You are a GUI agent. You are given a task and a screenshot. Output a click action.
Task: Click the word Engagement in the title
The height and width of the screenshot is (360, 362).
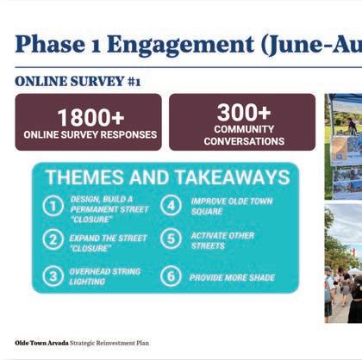coord(180,46)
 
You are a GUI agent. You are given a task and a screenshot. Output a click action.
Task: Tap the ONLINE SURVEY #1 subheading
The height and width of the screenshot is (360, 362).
coord(78,81)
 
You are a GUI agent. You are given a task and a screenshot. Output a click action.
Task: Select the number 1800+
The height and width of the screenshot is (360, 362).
coord(90,117)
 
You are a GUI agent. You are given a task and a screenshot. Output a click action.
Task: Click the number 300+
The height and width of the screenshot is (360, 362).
coord(244,112)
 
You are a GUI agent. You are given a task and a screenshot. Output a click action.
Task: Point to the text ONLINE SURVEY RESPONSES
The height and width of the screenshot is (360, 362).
coord(90,134)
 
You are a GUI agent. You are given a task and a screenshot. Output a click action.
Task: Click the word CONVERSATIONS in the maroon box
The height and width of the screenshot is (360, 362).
coord(244,141)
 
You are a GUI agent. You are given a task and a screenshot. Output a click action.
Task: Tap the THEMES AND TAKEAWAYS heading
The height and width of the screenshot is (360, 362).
coord(168,177)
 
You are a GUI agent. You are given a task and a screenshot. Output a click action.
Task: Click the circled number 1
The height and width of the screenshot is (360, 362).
coord(53,206)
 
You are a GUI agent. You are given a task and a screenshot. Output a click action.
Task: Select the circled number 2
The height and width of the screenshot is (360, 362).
coord(53,239)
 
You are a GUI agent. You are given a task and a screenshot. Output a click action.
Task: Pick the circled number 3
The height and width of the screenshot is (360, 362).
coord(53,276)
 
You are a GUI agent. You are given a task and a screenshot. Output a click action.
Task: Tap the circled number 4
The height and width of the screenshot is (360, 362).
coord(171,205)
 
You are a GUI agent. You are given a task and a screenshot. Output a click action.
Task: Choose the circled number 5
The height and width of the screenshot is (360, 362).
coord(171,239)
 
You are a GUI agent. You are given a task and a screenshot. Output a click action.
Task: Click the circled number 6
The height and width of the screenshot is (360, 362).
coord(171,276)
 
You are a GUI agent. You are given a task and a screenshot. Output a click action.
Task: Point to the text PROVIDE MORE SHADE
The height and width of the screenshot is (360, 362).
coord(232,277)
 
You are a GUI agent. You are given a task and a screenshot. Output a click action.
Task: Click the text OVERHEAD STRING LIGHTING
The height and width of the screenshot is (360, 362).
coord(105,276)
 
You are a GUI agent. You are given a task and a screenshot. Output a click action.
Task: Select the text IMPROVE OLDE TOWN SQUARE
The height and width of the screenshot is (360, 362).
coord(232,206)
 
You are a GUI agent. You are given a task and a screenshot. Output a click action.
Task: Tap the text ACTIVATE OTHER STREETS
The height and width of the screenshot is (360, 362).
coord(222,240)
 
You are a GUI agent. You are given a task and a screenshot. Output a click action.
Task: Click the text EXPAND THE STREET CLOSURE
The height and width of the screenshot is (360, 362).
coord(108,243)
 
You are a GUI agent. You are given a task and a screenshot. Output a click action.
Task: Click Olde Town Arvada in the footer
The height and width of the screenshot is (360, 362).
coord(41,343)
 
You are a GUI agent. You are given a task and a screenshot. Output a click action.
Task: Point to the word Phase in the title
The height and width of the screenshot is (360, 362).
coord(50,44)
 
